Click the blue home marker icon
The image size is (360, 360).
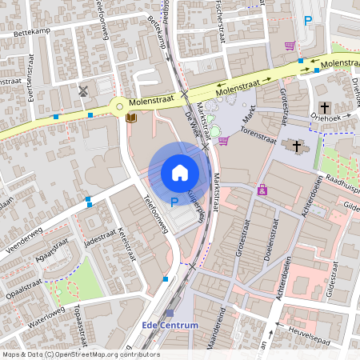click(x=180, y=173)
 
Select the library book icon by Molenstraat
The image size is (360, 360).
click(x=131, y=118)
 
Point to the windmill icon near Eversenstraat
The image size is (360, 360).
click(x=83, y=90)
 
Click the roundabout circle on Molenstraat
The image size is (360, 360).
click(x=120, y=105)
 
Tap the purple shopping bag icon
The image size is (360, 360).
click(x=262, y=190)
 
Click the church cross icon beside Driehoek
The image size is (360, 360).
click(x=324, y=107)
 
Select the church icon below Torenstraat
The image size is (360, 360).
click(x=297, y=146)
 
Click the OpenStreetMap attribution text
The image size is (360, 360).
click(x=80, y=354)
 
